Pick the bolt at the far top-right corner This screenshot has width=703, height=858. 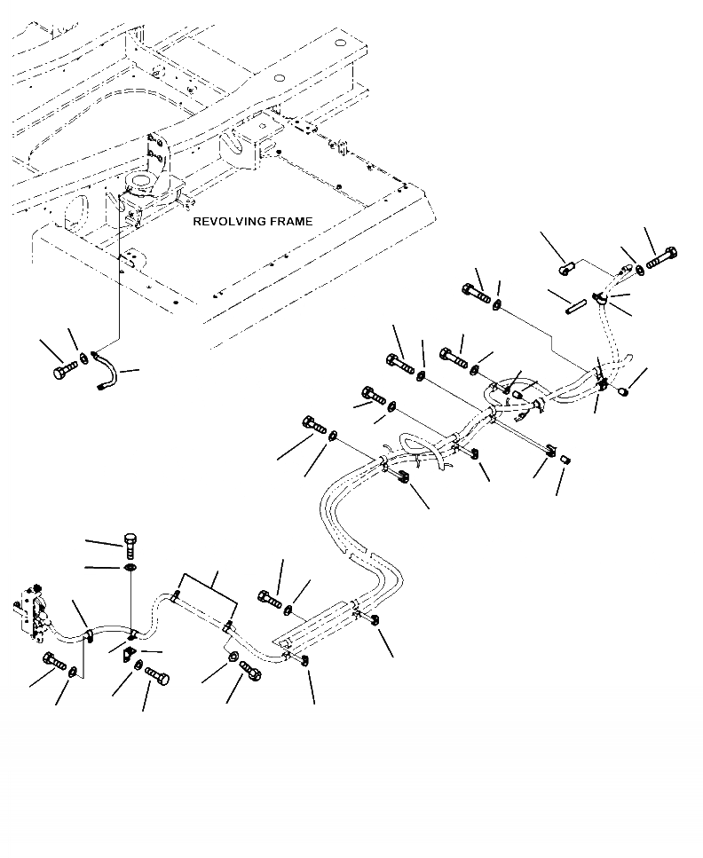coord(661,257)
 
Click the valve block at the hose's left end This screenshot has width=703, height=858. coord(31,611)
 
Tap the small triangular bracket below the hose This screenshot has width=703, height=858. coord(128,653)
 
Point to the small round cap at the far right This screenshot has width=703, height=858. coord(624,391)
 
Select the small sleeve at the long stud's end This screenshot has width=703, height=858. coord(566,459)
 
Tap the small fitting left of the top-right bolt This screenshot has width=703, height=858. coord(566,269)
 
